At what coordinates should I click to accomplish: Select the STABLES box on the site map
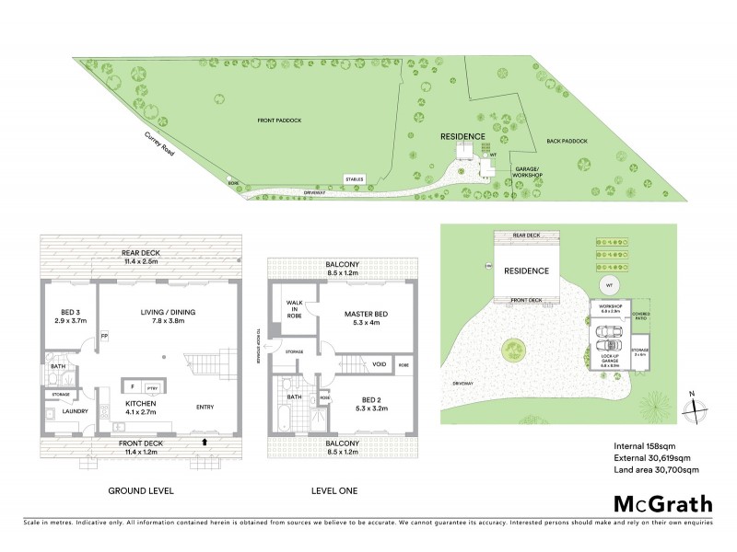coord(355,179)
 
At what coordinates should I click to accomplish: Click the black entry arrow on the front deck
coord(204,442)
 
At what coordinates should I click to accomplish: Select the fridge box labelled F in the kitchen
coord(133,386)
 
